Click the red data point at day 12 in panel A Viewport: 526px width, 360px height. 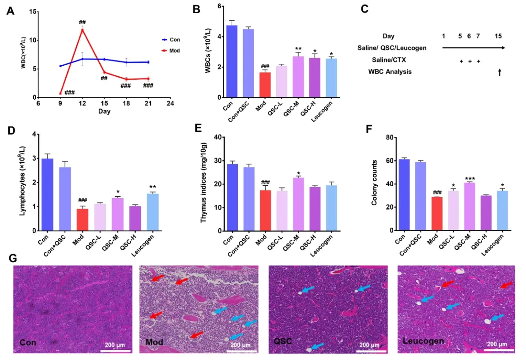(82, 30)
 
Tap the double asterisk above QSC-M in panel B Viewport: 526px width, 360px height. (298, 49)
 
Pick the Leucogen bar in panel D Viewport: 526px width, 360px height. (153, 212)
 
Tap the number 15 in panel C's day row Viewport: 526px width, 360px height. (498, 36)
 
